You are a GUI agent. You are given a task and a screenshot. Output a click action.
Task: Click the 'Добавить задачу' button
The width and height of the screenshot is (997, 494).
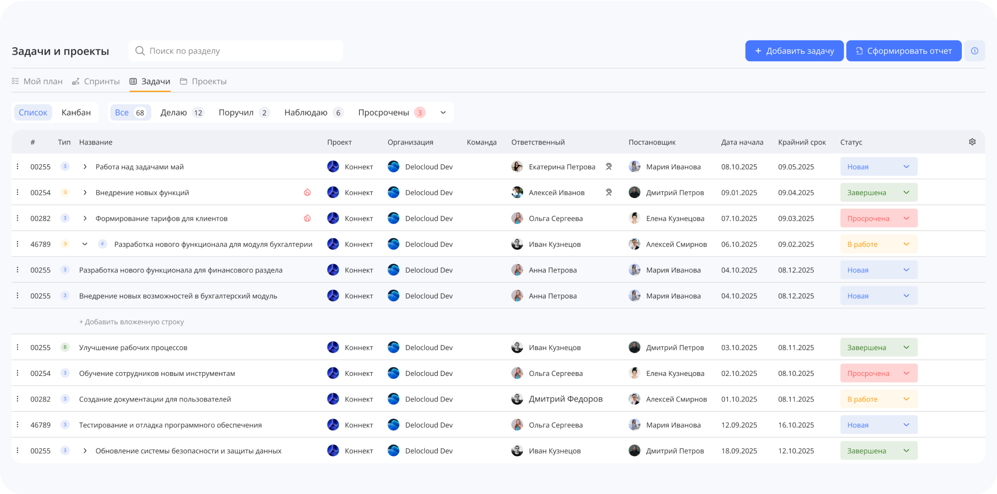[x=794, y=51]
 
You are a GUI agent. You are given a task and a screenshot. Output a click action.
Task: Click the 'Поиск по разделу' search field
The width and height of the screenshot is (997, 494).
[x=236, y=51]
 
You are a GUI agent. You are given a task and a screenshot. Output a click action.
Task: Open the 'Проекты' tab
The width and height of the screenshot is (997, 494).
[x=203, y=81]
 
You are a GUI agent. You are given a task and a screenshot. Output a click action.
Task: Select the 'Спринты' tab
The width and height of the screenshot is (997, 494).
[x=96, y=81]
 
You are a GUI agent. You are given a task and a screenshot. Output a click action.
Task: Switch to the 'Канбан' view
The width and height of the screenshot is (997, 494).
[x=76, y=112]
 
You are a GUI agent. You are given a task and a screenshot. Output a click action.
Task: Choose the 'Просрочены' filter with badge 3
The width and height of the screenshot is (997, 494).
[x=392, y=112]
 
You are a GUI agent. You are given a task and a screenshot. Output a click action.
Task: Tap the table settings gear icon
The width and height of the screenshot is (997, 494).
[x=972, y=142]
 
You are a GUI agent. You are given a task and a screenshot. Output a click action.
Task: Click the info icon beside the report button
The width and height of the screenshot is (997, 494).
[x=974, y=51]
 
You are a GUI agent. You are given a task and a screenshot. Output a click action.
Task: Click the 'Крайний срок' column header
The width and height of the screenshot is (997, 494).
[x=802, y=142]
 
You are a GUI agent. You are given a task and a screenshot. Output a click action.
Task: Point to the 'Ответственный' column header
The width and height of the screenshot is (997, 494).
[x=538, y=142]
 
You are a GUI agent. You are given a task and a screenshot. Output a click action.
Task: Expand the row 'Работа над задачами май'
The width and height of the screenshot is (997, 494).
[x=85, y=167]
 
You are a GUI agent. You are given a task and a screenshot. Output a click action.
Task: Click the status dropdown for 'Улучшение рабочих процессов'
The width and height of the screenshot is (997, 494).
[x=879, y=347]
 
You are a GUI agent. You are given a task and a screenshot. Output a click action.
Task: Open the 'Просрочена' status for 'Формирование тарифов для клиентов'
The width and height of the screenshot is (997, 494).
[x=879, y=218]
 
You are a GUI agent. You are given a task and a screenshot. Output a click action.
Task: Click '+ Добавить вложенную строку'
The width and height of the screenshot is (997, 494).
[x=131, y=322]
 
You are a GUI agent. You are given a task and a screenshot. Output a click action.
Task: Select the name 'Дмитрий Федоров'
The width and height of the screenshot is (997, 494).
[x=566, y=399]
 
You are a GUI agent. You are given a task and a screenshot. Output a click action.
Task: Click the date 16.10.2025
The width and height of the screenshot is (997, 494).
[x=796, y=425]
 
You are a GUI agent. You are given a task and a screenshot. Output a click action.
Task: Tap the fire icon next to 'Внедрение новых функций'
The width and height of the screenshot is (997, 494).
[x=307, y=193]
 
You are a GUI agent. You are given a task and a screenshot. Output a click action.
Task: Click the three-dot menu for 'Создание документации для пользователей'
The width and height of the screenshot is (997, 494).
[x=18, y=399]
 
